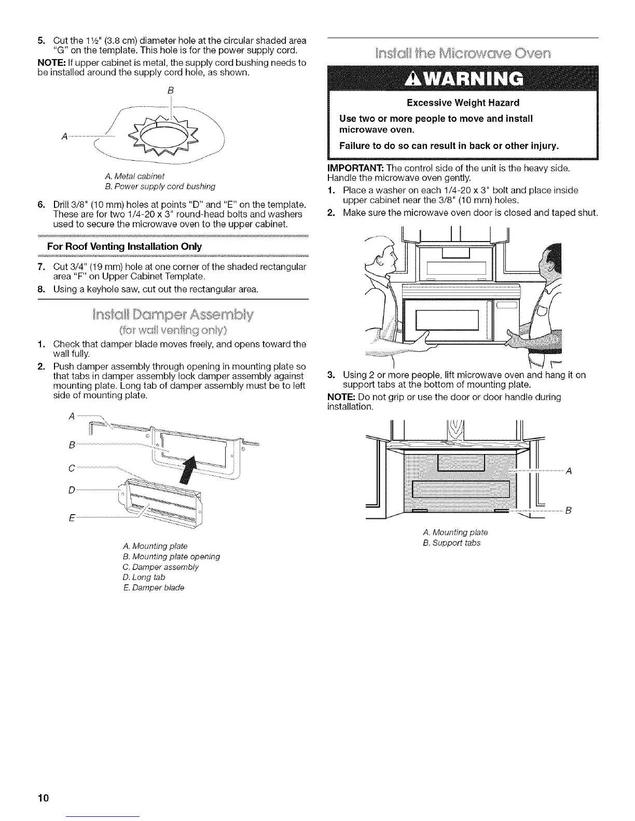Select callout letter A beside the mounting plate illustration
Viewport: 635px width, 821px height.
(568, 471)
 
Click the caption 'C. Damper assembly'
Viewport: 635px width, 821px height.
(161, 567)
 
